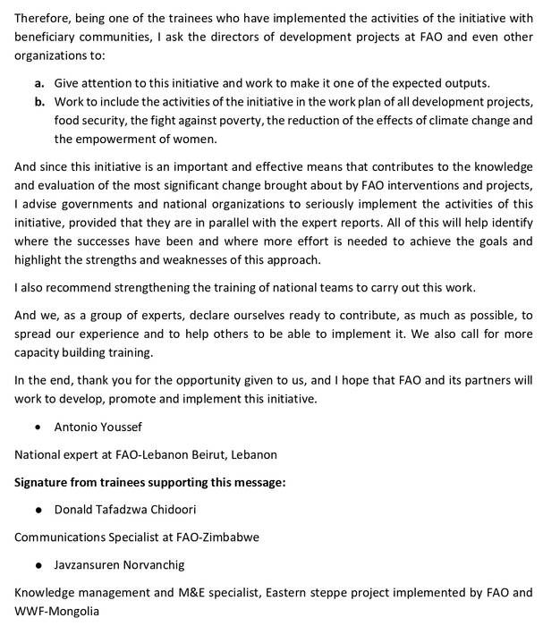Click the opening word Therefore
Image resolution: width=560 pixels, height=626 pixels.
44,18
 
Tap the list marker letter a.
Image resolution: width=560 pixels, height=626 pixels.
40,82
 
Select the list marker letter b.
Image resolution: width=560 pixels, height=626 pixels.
40,102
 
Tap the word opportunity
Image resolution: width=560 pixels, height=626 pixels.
233,380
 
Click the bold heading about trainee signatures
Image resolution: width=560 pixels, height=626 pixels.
149,483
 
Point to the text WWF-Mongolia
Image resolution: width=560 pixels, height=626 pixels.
55,613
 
